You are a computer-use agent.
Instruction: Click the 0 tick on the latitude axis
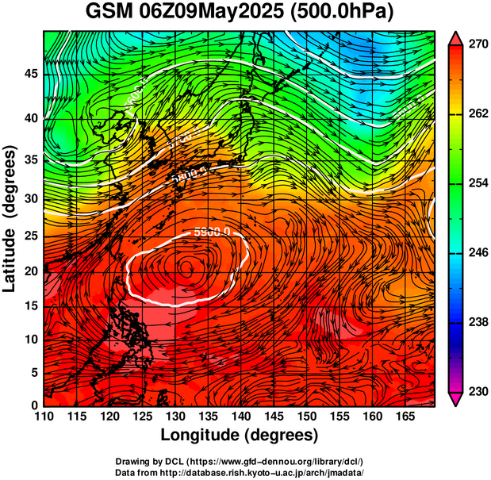34,405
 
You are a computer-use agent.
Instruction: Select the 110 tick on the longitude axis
44,417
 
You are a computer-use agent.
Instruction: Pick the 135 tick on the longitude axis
208,417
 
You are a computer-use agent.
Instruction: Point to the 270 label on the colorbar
477,45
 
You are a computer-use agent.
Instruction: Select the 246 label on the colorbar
477,253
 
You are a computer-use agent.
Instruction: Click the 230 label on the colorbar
477,391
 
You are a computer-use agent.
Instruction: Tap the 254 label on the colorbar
477,184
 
